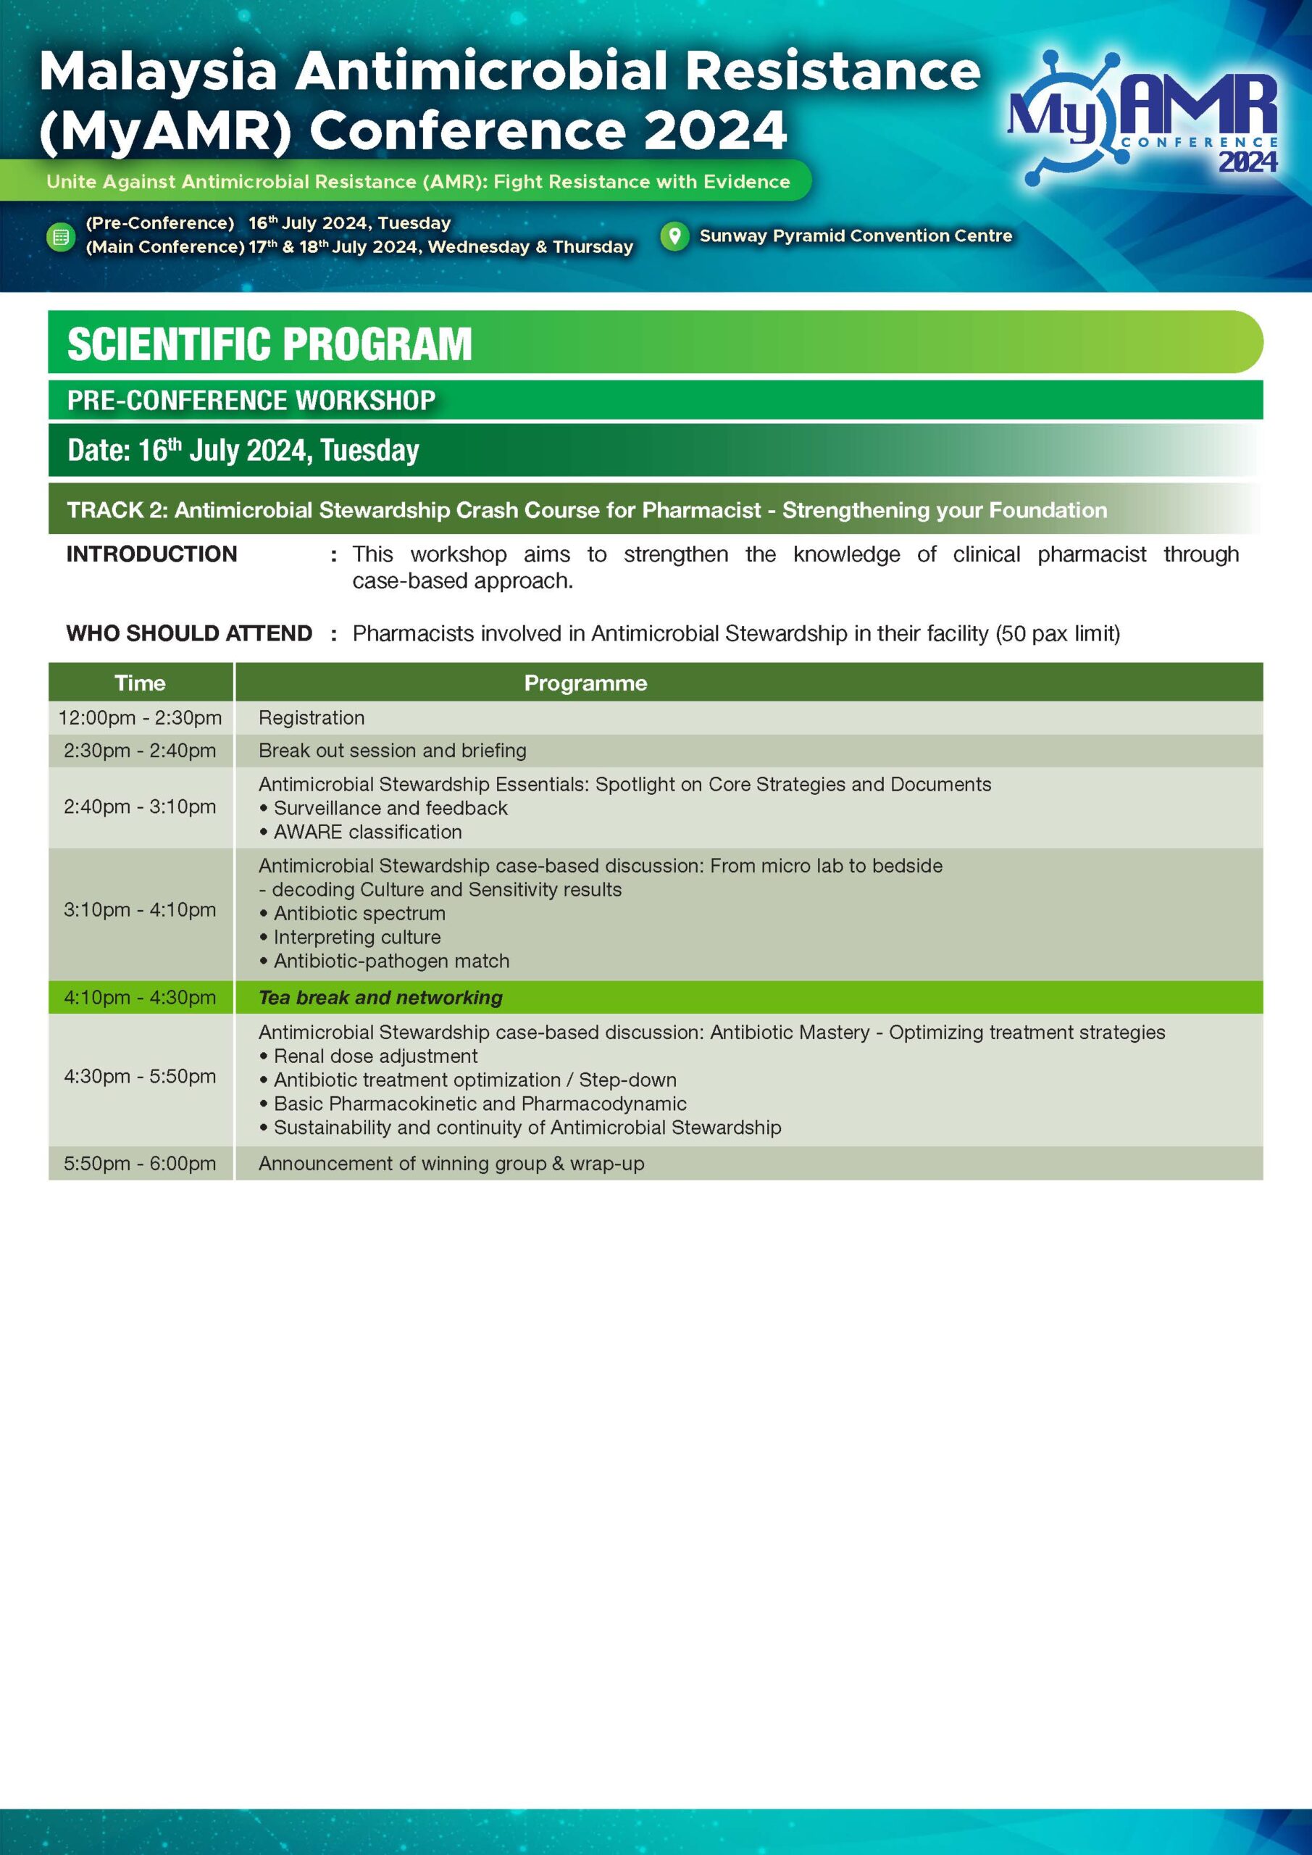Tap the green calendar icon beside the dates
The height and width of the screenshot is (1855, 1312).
61,237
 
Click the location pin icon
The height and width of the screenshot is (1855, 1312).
674,236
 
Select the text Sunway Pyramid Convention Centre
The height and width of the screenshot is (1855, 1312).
856,236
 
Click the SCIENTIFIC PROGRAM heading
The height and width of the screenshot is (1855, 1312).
269,344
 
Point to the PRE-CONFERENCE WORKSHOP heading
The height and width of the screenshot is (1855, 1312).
251,401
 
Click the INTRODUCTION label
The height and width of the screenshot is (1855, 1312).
152,554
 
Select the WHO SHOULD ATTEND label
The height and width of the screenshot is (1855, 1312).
189,633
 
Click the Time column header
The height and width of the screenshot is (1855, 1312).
140,683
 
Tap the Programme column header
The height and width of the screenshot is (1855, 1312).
585,683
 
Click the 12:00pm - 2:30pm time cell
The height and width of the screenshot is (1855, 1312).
140,717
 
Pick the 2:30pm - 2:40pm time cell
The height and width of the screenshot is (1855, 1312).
140,751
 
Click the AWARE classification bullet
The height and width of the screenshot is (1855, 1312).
360,831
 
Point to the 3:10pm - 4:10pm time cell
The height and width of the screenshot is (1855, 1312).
140,909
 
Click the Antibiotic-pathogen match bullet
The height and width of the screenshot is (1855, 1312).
385,961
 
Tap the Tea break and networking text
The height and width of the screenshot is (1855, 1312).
380,998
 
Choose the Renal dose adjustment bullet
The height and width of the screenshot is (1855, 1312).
369,1056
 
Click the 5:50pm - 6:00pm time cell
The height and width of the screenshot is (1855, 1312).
140,1164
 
